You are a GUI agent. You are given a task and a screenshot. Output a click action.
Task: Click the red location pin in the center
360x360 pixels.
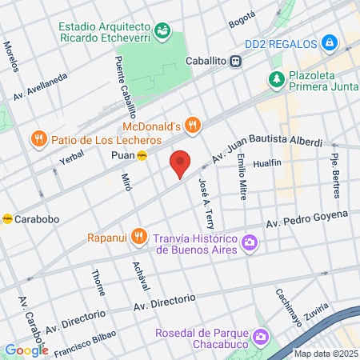pos(181,163)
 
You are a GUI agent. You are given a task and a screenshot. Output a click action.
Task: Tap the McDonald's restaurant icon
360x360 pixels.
pos(191,125)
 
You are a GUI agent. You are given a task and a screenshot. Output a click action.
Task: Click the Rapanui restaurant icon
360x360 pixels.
pos(139,236)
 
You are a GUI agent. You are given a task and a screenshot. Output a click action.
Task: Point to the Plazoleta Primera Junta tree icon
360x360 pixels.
pos(277,79)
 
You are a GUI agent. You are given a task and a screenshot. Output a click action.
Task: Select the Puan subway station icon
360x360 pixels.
pos(142,156)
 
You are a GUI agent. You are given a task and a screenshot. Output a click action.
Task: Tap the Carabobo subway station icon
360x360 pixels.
pos(7,218)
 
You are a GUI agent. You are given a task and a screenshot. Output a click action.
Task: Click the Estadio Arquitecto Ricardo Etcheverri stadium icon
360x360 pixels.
pos(163,30)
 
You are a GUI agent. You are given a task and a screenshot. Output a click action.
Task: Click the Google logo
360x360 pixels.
pos(26,350)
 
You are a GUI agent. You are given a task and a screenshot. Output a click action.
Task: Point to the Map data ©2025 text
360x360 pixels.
pos(326,354)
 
